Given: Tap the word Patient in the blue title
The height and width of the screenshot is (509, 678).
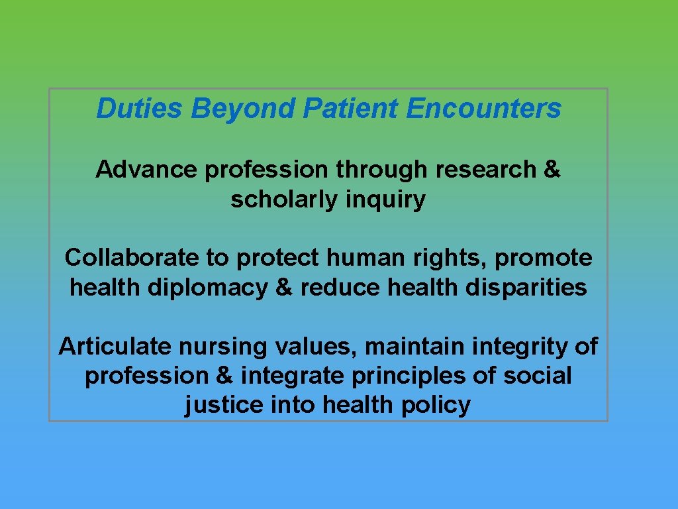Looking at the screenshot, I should click(x=350, y=108).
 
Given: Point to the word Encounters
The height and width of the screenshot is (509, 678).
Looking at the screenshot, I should click(x=484, y=108).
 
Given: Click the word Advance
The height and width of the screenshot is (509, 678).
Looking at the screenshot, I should click(x=146, y=170).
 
